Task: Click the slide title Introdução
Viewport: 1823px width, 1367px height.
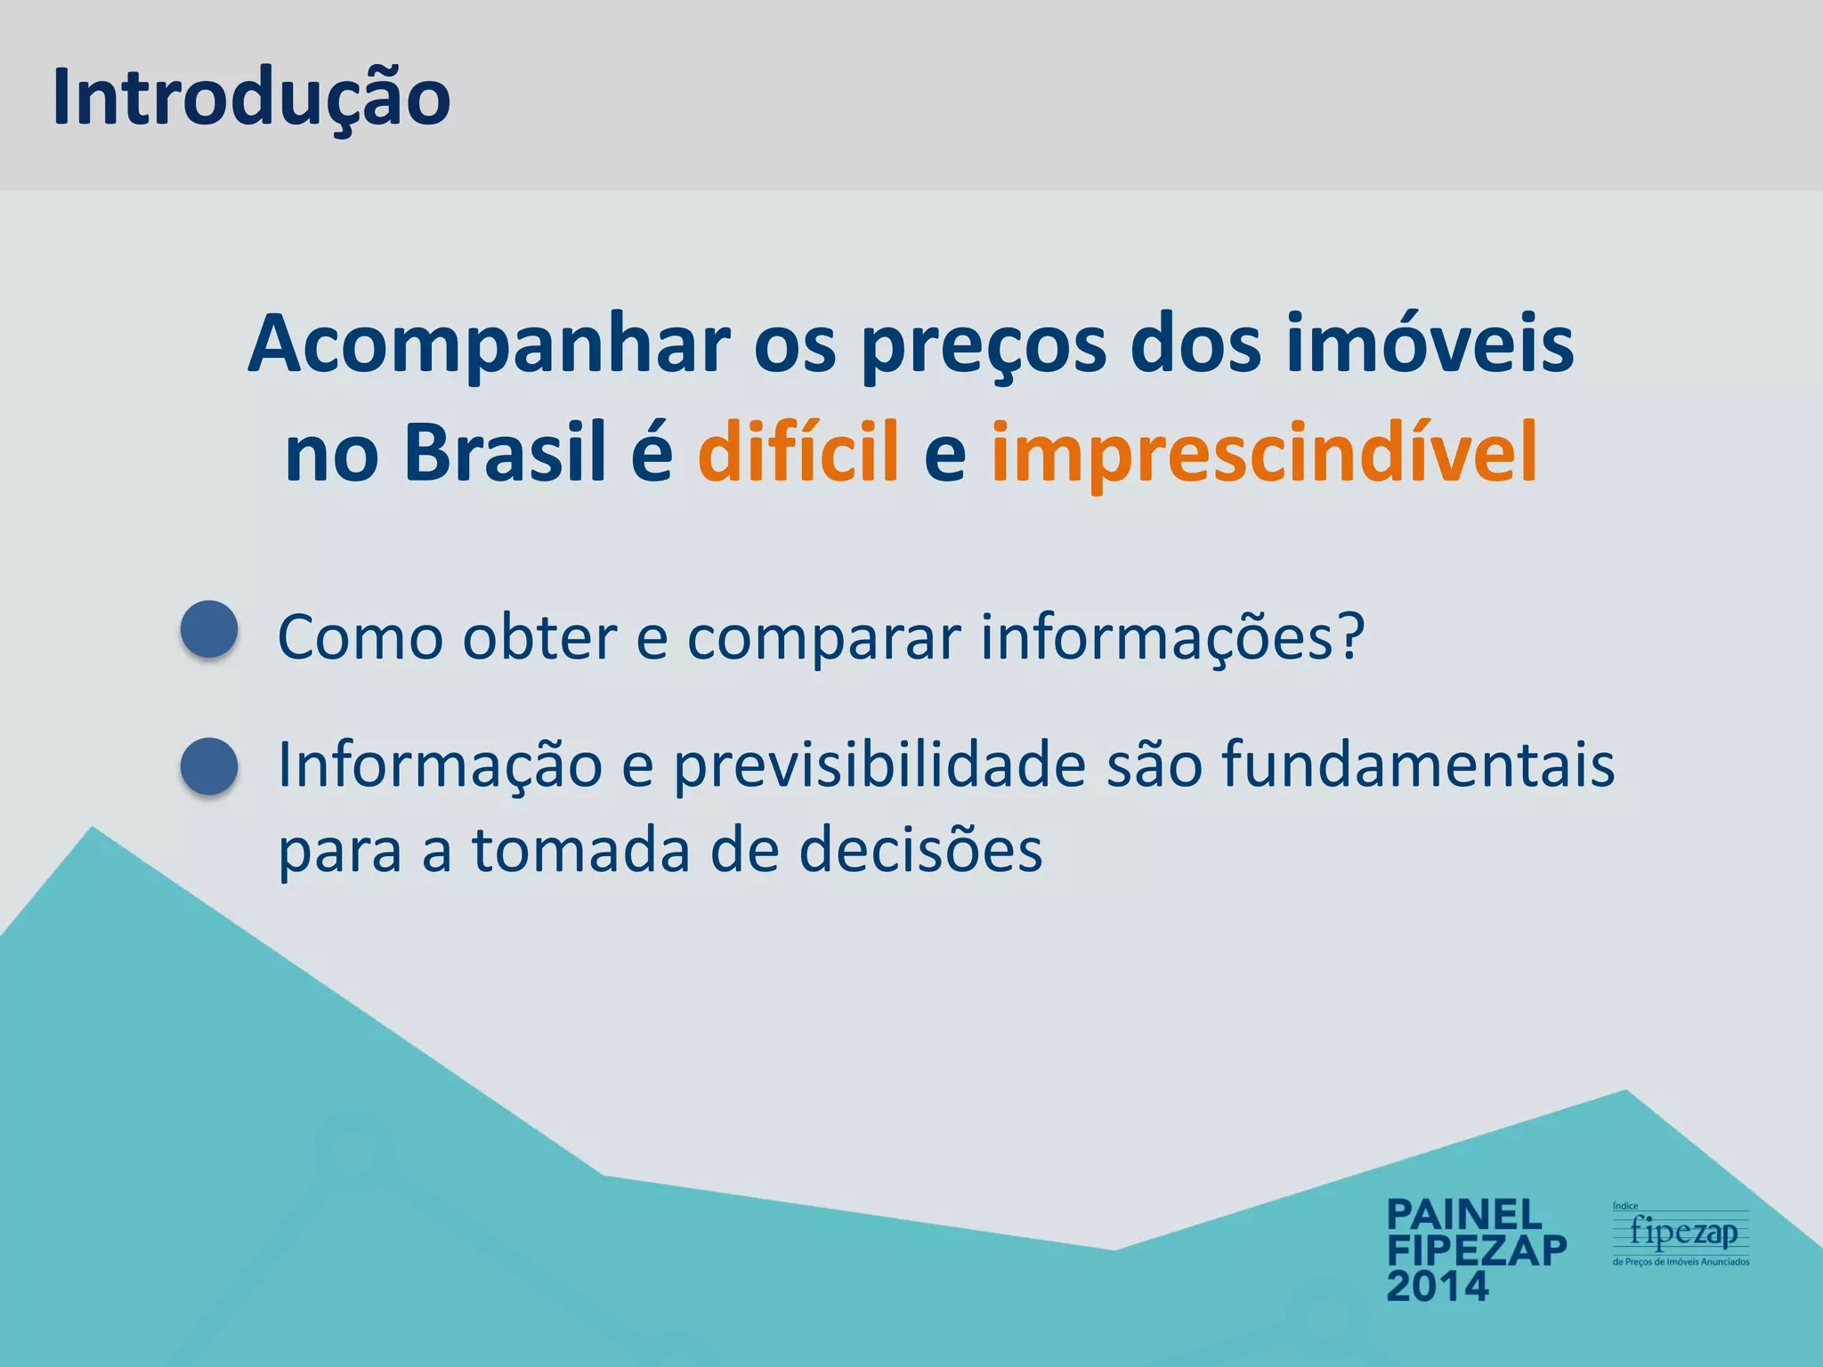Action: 251,98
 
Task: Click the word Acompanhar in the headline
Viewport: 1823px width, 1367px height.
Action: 489,345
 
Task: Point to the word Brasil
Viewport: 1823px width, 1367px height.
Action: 505,453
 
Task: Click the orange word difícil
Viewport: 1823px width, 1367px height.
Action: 798,453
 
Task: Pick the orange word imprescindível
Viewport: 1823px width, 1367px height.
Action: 1264,453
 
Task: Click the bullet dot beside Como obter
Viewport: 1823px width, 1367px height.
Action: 209,629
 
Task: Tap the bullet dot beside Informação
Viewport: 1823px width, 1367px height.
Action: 209,765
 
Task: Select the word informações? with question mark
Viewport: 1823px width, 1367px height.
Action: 1172,639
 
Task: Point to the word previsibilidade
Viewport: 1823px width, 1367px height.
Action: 879,766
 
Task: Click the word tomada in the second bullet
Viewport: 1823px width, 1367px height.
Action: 581,851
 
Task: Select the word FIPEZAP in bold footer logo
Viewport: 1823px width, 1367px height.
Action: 1477,1250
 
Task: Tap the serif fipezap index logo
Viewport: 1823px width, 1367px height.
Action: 1681,1234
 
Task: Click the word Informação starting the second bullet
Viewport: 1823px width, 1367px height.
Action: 441,766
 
